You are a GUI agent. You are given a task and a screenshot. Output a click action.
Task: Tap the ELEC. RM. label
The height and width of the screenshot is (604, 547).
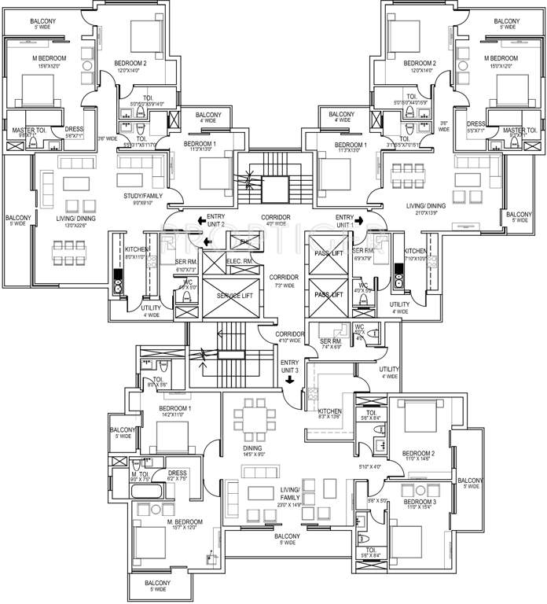[238, 260]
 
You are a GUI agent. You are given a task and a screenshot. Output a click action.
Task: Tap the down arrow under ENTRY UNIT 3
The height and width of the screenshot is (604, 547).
[290, 380]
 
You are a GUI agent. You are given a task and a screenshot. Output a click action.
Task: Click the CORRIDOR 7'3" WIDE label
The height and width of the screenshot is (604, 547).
[285, 282]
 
